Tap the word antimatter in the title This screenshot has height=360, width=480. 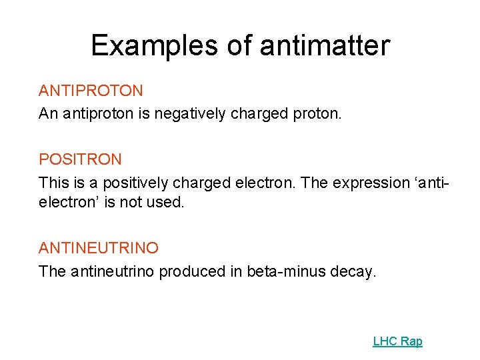(324, 45)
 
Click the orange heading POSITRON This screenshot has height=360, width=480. (80, 159)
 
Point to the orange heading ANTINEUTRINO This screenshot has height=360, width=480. (99, 248)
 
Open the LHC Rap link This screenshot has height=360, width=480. (397, 341)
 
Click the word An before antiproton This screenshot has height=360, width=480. (48, 114)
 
